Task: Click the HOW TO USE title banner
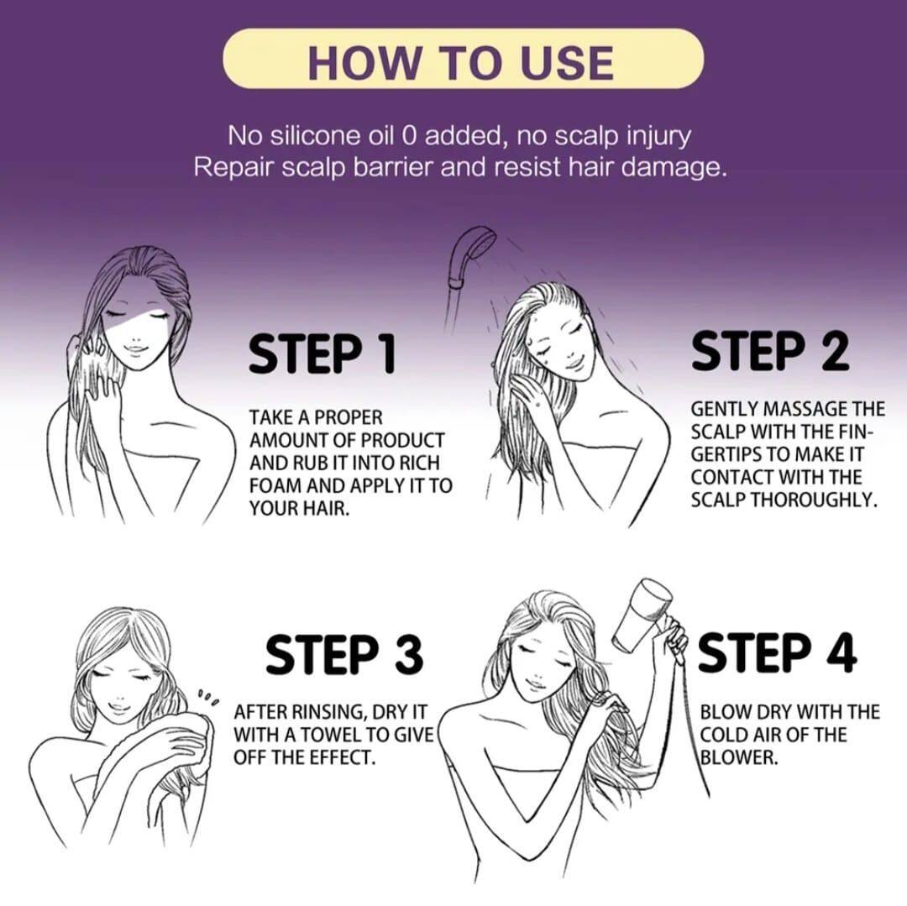tap(462, 60)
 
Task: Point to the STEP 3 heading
tap(344, 655)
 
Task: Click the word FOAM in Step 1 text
tap(277, 485)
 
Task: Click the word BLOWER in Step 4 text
tap(738, 757)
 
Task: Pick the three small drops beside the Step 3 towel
tap(208, 697)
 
